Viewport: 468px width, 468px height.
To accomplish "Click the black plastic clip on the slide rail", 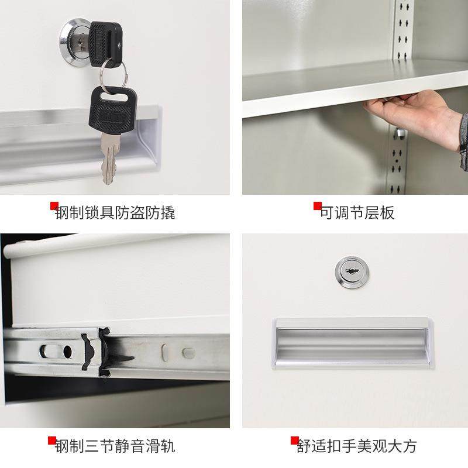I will point(96,352).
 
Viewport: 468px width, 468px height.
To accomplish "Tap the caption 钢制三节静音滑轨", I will point(115,446).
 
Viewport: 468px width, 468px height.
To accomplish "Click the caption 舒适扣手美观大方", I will point(357,446).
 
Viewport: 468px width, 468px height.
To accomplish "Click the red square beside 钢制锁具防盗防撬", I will point(54,205).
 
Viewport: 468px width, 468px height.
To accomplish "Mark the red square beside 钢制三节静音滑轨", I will point(52,440).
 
